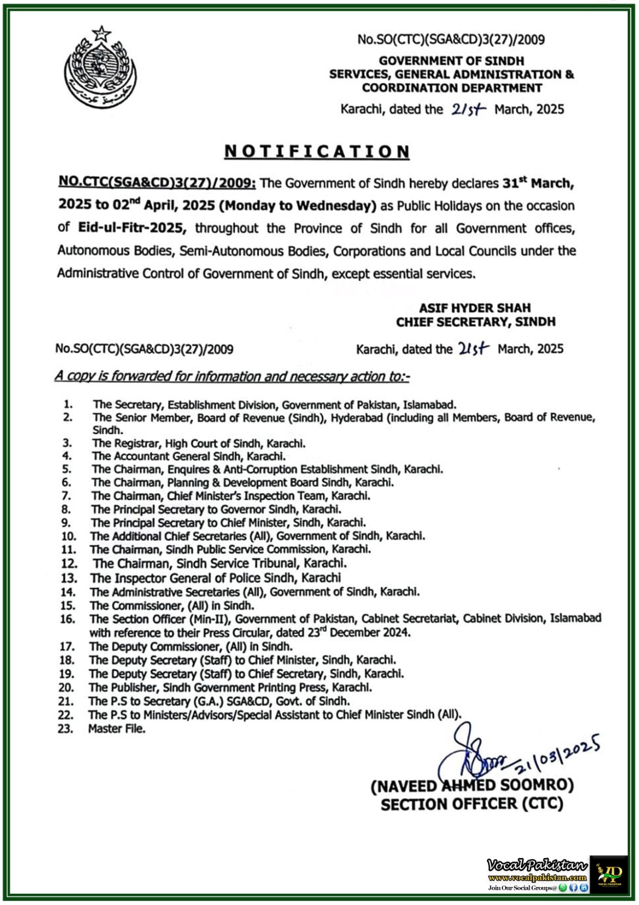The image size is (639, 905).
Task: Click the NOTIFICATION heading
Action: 317,152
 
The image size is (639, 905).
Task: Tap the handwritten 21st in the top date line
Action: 468,110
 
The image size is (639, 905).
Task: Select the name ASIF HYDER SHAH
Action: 475,308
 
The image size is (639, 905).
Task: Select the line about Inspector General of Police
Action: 215,578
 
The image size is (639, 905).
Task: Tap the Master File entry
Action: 116,729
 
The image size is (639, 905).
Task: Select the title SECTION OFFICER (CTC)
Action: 472,804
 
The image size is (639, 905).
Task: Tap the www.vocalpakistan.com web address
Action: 537,877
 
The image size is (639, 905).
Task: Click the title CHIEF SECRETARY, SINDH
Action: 475,322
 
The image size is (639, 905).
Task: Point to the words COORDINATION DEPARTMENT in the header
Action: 452,88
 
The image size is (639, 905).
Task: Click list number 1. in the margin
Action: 68,404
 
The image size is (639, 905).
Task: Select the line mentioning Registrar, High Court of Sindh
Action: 199,443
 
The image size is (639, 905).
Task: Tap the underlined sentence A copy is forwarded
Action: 232,377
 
